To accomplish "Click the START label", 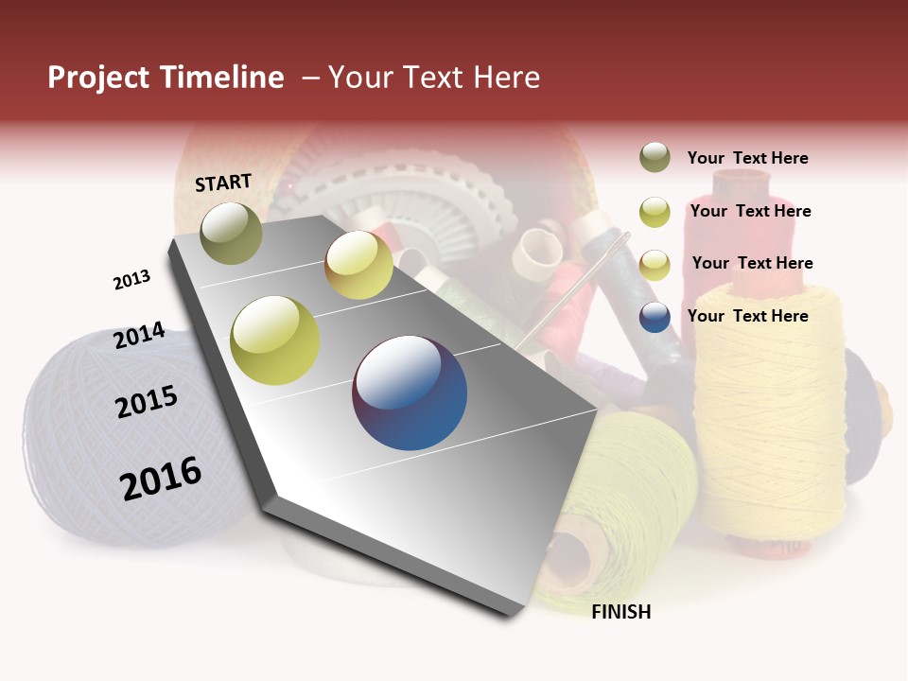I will click(x=223, y=183).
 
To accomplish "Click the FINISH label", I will click(x=620, y=612).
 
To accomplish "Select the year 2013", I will click(x=131, y=280).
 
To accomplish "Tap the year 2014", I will click(x=139, y=335).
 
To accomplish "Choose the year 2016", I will click(x=161, y=478).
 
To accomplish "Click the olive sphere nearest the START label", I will click(x=231, y=233).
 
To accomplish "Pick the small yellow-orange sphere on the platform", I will click(x=358, y=265).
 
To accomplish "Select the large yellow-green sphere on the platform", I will click(x=275, y=340).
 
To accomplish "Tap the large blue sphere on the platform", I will click(x=410, y=393).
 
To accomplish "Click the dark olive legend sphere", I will click(x=655, y=158).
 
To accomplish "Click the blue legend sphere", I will click(x=655, y=317).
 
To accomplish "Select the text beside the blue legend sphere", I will click(x=747, y=316).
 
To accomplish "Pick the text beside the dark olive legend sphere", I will click(x=747, y=158).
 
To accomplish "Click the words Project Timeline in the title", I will click(x=166, y=78).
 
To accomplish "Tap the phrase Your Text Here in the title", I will click(x=433, y=78).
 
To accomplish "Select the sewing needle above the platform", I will click(x=577, y=284).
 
